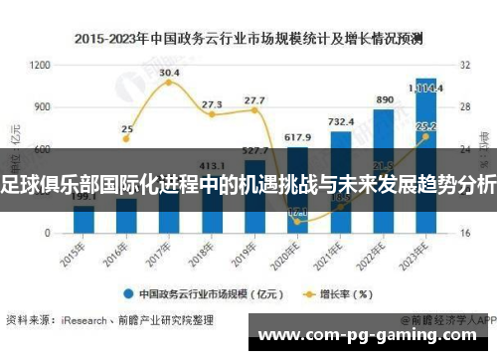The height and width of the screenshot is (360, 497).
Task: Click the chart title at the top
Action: pyautogui.click(x=248, y=40)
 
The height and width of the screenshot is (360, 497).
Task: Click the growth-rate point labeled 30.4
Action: pyautogui.click(x=169, y=83)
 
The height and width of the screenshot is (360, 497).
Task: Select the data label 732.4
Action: pyautogui.click(x=341, y=121)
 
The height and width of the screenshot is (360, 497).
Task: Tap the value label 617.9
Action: pyautogui.click(x=298, y=137)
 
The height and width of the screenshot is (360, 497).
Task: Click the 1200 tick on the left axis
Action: pyautogui.click(x=41, y=65)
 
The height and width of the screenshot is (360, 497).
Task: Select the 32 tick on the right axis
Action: pyautogui.click(x=465, y=65)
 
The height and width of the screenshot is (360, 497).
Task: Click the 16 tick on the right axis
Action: pyautogui.click(x=465, y=233)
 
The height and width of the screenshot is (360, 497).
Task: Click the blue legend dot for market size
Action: pyautogui.click(x=128, y=293)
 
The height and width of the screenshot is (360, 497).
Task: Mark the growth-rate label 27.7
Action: pyautogui.click(x=254, y=100)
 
